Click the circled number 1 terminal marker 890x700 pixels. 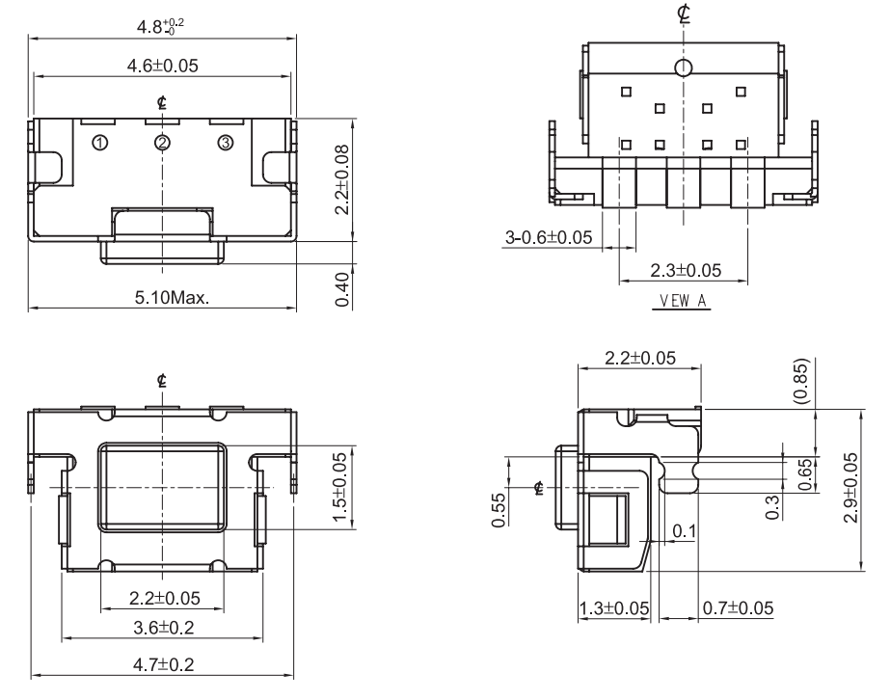100,143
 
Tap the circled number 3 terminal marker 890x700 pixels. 226,143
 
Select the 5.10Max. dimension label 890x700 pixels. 172,297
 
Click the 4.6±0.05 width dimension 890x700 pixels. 162,66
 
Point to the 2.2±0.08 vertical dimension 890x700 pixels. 341,179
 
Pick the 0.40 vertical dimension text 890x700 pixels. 341,289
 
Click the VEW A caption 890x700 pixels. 683,300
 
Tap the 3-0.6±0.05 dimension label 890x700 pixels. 549,237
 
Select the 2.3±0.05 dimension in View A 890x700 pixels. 686,270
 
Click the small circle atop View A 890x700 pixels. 684,67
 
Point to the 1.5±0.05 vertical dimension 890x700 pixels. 339,487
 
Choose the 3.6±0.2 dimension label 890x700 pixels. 164,628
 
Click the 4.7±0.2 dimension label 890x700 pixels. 164,664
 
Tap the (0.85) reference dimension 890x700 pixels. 800,381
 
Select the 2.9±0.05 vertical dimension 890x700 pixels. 850,487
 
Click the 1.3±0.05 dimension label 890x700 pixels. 613,608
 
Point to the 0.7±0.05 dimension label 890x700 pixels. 738,608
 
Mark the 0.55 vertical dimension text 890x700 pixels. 498,510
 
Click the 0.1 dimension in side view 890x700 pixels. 684,531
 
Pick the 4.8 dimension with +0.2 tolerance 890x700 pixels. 160,25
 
